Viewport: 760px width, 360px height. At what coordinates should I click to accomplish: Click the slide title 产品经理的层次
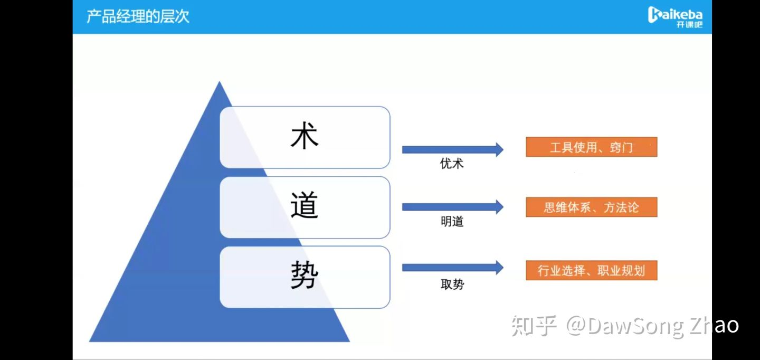pyautogui.click(x=138, y=16)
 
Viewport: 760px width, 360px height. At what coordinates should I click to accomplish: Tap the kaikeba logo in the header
pyautogui.click(x=675, y=17)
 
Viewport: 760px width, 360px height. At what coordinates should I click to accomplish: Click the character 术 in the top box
pyautogui.click(x=305, y=136)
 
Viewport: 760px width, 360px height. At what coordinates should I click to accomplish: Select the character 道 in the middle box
pyautogui.click(x=305, y=205)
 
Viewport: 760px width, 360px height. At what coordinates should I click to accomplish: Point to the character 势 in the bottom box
pyautogui.click(x=305, y=275)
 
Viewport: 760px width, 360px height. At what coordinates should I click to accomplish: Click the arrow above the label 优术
pyautogui.click(x=453, y=149)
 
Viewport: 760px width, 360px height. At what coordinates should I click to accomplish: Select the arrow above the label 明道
pyautogui.click(x=453, y=207)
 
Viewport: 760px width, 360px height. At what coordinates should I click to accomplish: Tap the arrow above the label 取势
pyautogui.click(x=453, y=268)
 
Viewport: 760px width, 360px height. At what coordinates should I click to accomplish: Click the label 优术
pyautogui.click(x=452, y=164)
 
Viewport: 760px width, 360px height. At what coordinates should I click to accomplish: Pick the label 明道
pyautogui.click(x=452, y=221)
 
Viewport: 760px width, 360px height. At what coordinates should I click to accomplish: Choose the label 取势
pyautogui.click(x=452, y=284)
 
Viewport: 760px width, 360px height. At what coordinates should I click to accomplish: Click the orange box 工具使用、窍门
pyautogui.click(x=591, y=147)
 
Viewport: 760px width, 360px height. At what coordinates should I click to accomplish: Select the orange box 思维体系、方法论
pyautogui.click(x=591, y=207)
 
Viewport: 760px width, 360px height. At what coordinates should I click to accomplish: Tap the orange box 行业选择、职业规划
pyautogui.click(x=591, y=270)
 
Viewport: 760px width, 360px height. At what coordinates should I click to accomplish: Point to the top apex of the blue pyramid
pyautogui.click(x=219, y=81)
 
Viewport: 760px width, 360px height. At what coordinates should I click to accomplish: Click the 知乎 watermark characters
pyautogui.click(x=534, y=326)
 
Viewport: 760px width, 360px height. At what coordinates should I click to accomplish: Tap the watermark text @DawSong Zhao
pyautogui.click(x=652, y=326)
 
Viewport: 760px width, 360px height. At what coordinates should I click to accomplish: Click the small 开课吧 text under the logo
pyautogui.click(x=689, y=24)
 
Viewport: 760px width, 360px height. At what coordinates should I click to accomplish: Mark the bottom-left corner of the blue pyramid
pyautogui.click(x=89, y=342)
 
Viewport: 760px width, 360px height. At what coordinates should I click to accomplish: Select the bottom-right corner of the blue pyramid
pyautogui.click(x=350, y=342)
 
